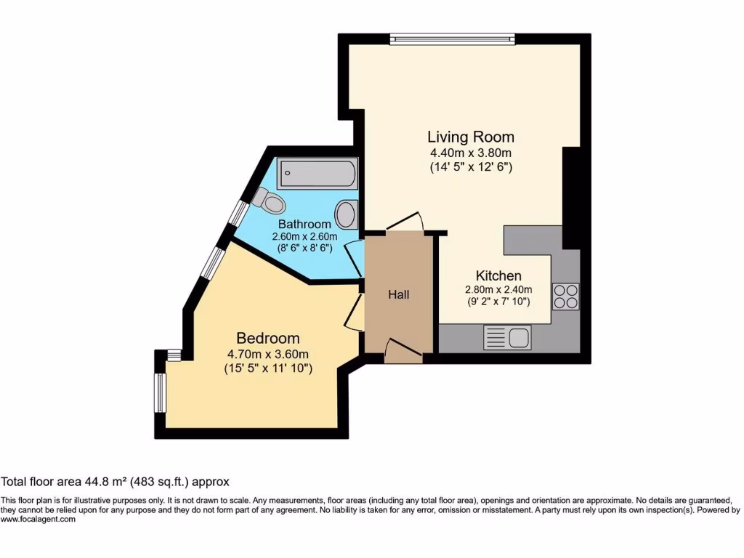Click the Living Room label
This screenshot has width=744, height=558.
coord(471,137)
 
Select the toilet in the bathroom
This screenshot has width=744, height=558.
coord(270,198)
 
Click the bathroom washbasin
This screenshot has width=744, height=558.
coord(347,214)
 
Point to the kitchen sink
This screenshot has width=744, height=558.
coord(509,337)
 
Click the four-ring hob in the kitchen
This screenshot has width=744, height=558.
coord(565,295)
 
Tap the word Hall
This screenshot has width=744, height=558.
coord(398,294)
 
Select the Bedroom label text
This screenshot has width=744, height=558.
coord(268,339)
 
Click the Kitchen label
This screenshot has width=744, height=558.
coord(498,276)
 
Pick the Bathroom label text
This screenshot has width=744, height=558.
coord(305,225)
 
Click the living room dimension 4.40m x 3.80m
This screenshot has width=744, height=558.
coord(471,153)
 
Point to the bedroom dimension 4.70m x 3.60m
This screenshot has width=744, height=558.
coord(268,355)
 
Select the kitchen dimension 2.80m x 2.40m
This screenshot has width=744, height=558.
coord(498,289)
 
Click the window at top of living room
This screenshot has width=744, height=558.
coord(452,39)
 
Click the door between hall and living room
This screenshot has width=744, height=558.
coord(404,222)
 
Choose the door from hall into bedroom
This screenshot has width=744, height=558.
coord(355,312)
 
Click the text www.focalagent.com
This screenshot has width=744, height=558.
coord(38,519)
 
